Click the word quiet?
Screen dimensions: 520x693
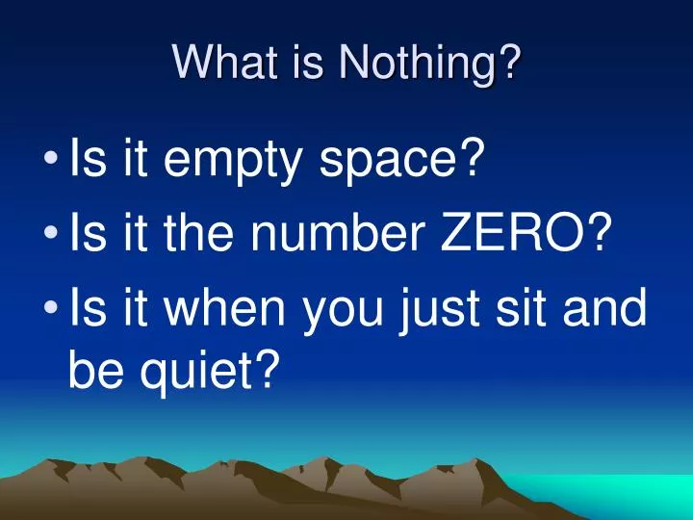coord(209,369)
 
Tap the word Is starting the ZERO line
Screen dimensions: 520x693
coord(90,234)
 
